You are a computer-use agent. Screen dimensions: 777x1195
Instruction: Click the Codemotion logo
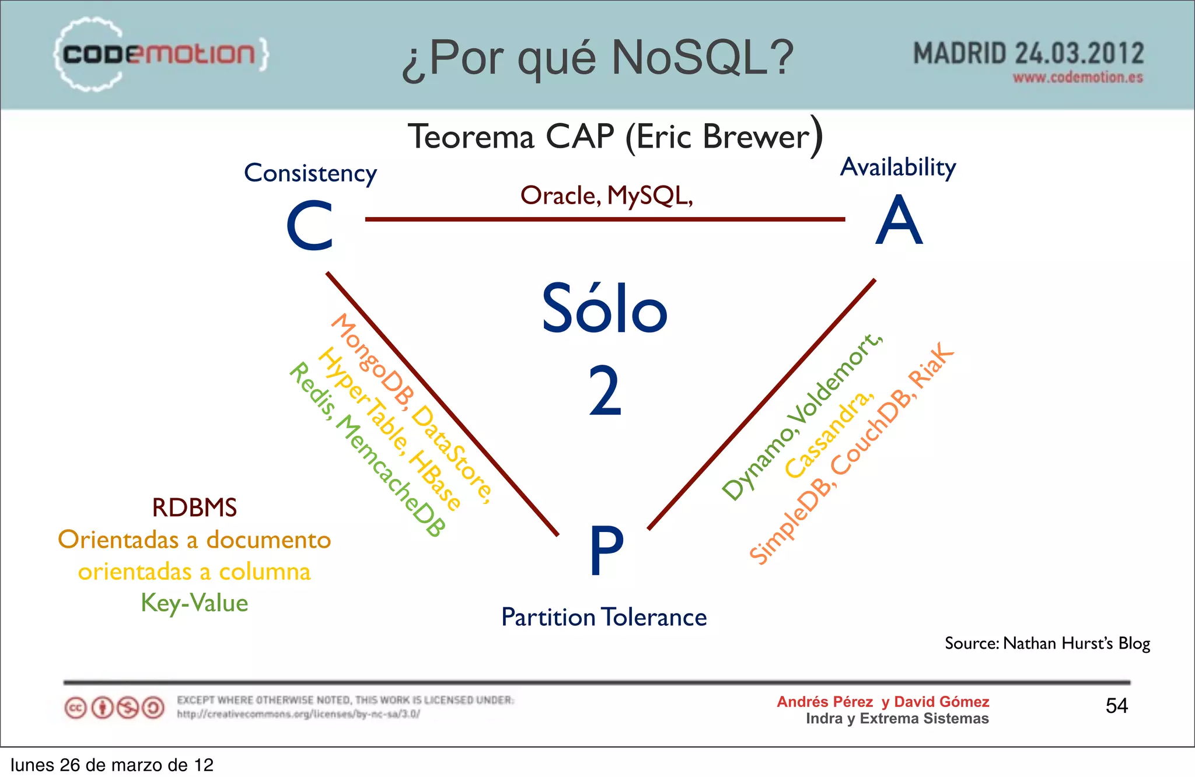click(160, 54)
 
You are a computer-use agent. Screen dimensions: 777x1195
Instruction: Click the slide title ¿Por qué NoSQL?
click(597, 58)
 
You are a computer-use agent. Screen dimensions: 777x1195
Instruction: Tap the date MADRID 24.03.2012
click(1028, 54)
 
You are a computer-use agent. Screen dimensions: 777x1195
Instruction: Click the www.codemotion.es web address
click(1077, 78)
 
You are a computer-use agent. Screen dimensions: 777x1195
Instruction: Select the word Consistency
click(310, 173)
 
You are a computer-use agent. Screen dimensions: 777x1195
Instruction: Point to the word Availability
click(897, 167)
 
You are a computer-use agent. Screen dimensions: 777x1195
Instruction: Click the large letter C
click(310, 226)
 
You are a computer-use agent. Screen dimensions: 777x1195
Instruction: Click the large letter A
click(899, 221)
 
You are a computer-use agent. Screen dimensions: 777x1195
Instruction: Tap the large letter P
click(606, 549)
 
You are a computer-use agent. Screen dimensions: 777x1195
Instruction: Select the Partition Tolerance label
click(604, 617)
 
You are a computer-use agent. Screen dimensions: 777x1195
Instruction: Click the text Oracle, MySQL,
click(606, 196)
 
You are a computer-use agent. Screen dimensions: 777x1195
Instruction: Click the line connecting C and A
click(605, 219)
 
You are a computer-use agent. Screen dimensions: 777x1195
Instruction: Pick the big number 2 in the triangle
click(605, 390)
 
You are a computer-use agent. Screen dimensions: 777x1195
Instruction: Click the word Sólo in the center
click(605, 309)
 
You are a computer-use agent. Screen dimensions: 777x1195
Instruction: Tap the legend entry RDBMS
click(194, 508)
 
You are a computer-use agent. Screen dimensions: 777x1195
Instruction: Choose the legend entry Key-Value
click(194, 603)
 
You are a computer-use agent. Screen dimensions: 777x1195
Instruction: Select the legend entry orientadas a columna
click(194, 572)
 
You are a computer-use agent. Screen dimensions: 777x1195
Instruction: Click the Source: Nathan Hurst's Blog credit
click(1047, 643)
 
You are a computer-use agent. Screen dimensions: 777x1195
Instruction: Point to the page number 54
click(1116, 706)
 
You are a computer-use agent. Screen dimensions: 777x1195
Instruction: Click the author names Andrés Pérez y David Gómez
click(882, 702)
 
